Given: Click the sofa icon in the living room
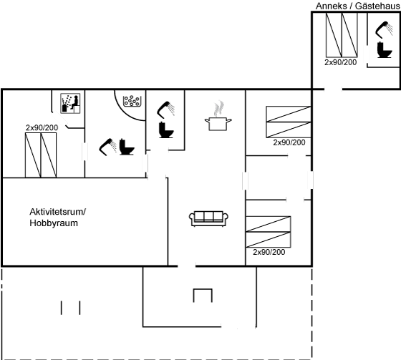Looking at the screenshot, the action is pyautogui.click(x=208, y=218).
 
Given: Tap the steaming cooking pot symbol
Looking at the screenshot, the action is pyautogui.click(x=218, y=117).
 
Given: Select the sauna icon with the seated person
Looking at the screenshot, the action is pyautogui.click(x=70, y=103).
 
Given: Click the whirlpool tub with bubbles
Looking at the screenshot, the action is pyautogui.click(x=132, y=101).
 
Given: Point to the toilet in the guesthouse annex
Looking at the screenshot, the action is pyautogui.click(x=385, y=49).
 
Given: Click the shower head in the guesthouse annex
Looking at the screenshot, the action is pyautogui.click(x=384, y=30).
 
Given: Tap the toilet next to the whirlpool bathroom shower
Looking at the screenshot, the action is pyautogui.click(x=127, y=147).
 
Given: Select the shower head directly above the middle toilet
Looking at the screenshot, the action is pyautogui.click(x=165, y=110).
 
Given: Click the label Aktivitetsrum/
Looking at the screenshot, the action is pyautogui.click(x=58, y=212).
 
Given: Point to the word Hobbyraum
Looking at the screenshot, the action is pyautogui.click(x=54, y=223).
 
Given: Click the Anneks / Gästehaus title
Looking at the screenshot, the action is pyautogui.click(x=357, y=6).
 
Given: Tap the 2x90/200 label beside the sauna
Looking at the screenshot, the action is pyautogui.click(x=42, y=127).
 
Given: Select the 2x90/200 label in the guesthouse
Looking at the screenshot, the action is pyautogui.click(x=340, y=62).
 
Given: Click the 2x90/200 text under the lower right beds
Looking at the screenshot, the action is pyautogui.click(x=269, y=252).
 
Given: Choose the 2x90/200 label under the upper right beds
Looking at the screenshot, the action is pyautogui.click(x=289, y=142).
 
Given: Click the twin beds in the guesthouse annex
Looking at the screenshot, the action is pyautogui.click(x=342, y=35).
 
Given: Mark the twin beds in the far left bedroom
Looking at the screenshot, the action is pyautogui.click(x=41, y=155).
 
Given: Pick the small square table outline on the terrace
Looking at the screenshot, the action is pyautogui.click(x=203, y=296).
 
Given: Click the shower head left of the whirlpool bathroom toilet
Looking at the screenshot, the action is pyautogui.click(x=108, y=147).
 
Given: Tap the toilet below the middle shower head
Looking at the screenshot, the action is pyautogui.click(x=166, y=130).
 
